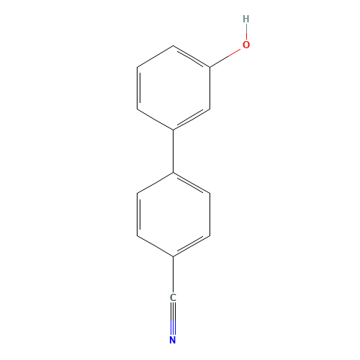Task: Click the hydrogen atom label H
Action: click(246, 19)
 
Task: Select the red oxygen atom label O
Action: click(246, 45)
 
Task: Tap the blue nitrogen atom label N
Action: click(173, 340)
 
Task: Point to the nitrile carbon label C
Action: click(173, 297)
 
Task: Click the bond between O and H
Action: click(246, 32)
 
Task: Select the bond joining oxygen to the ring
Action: click(225, 58)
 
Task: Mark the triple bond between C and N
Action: click(173, 319)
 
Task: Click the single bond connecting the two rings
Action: click(173, 151)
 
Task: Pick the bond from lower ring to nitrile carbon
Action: click(173, 274)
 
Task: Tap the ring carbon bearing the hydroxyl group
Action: click(210, 67)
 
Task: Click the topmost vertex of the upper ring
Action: click(174, 45)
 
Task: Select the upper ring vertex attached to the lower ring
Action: click(174, 130)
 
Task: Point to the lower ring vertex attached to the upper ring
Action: click(174, 172)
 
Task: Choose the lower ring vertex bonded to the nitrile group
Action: click(174, 256)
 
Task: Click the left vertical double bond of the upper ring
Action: click(138, 88)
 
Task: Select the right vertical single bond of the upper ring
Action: click(210, 88)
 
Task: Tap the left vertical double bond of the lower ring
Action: click(138, 215)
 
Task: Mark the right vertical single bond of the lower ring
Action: click(210, 215)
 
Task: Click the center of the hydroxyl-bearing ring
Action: click(174, 88)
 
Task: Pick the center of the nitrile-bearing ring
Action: click(174, 215)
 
